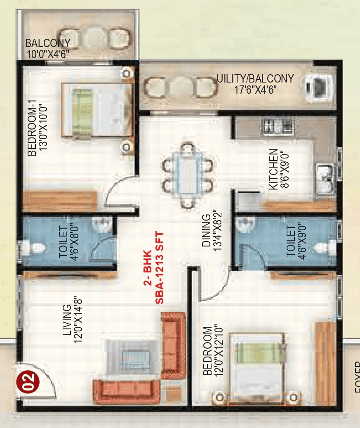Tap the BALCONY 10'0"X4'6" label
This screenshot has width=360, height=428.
click(x=47, y=48)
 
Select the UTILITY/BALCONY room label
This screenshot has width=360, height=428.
click(x=255, y=83)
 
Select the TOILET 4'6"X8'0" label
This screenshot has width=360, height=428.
click(x=68, y=241)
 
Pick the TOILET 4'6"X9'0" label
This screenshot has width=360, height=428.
click(x=296, y=241)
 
